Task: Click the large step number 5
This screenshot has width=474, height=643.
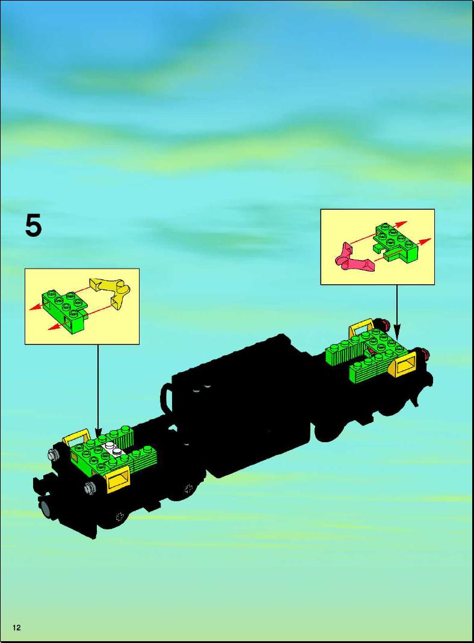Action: [x=33, y=226]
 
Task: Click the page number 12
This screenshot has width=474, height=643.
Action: [x=16, y=627]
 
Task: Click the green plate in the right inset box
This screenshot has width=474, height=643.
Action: [x=395, y=242]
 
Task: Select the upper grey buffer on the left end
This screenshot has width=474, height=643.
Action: [x=53, y=454]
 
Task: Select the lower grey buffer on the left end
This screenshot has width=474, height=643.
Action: [x=90, y=487]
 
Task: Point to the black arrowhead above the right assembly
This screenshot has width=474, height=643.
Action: [x=397, y=329]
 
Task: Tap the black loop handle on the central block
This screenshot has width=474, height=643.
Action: [x=167, y=397]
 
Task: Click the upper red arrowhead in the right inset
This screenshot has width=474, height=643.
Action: [x=402, y=224]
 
